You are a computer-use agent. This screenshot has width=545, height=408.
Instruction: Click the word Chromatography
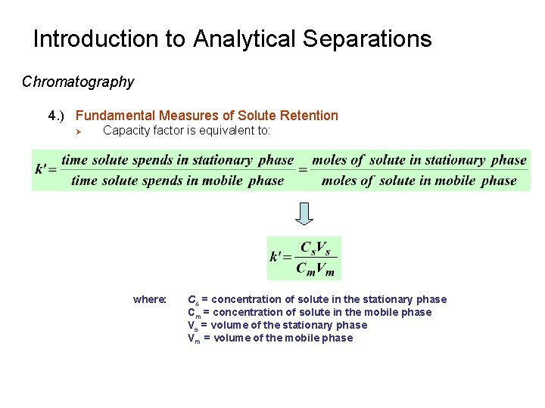pyautogui.click(x=78, y=82)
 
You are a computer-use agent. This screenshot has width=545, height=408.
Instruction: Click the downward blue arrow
pyautogui.click(x=304, y=214)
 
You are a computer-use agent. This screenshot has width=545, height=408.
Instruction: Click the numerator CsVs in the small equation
pyautogui.click(x=315, y=247)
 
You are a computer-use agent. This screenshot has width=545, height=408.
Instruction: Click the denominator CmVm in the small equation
pyautogui.click(x=315, y=268)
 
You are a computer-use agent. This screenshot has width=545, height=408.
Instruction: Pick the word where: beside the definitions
pyautogui.click(x=150, y=299)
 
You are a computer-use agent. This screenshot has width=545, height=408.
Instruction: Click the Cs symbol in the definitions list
pyautogui.click(x=193, y=300)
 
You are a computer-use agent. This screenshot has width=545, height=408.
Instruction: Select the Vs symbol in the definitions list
pyautogui.click(x=193, y=326)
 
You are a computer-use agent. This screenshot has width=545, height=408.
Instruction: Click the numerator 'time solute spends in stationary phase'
pyautogui.click(x=178, y=159)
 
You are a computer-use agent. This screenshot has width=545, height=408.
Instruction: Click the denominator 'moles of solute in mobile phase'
pyautogui.click(x=419, y=181)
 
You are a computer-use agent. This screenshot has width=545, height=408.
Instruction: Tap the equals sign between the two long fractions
pyautogui.click(x=303, y=170)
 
